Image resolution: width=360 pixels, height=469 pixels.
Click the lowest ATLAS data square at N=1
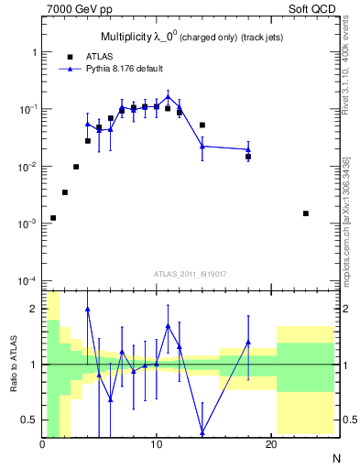(53, 218)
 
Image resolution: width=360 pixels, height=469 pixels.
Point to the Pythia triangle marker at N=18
(248, 149)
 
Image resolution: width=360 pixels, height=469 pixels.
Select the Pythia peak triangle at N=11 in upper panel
(168, 95)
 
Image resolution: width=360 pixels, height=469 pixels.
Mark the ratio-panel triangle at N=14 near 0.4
(202, 432)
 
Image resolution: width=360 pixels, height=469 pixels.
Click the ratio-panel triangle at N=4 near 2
(88, 310)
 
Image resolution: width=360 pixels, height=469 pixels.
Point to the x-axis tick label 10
(157, 445)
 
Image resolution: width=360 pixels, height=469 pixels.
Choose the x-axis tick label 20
(270, 445)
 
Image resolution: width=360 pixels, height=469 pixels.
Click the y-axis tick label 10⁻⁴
(26, 280)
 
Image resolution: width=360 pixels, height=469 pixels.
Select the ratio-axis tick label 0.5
(29, 420)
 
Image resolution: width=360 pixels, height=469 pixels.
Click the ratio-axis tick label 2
(34, 309)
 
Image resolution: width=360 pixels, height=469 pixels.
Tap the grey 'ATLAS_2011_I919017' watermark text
(190, 274)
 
